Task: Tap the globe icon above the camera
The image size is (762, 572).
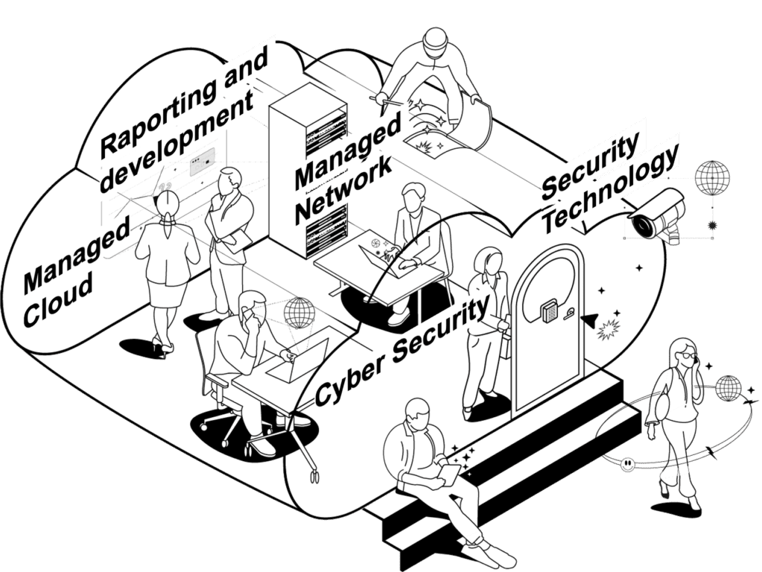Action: (712, 179)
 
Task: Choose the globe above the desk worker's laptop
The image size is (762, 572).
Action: (299, 312)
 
